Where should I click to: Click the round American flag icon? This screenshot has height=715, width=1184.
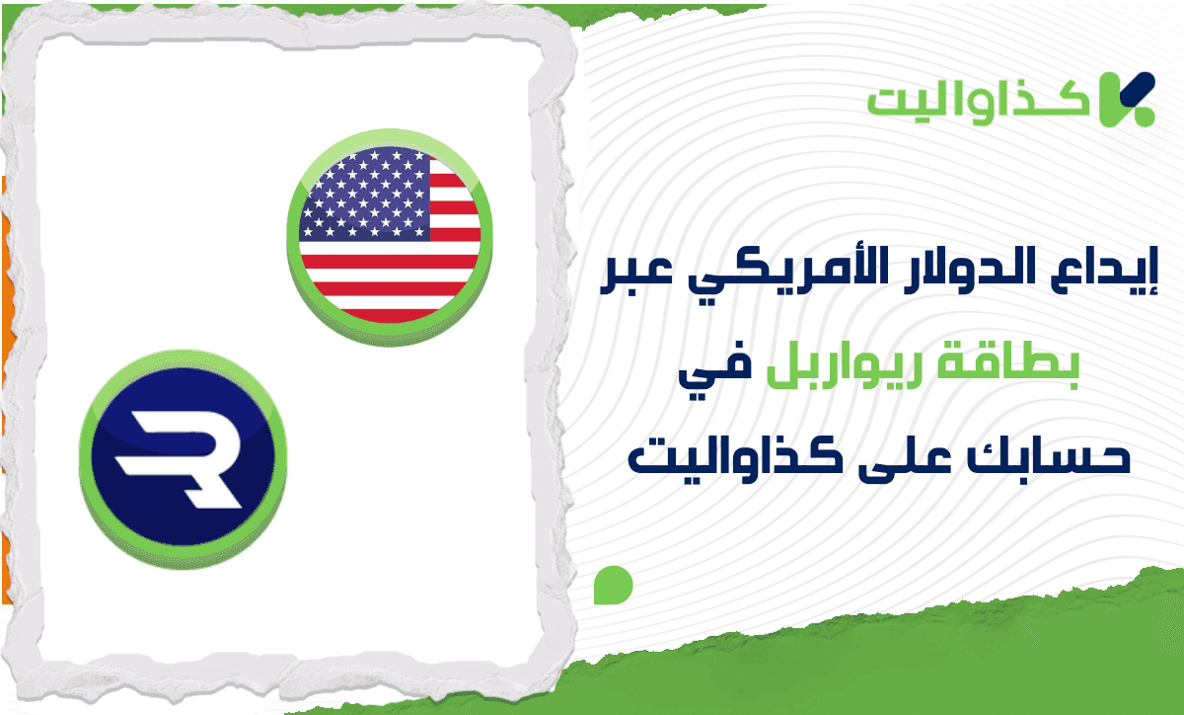tap(390, 237)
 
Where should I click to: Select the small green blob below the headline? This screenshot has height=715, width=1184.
tap(613, 586)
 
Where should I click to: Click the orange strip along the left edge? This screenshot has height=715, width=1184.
tap(6, 296)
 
